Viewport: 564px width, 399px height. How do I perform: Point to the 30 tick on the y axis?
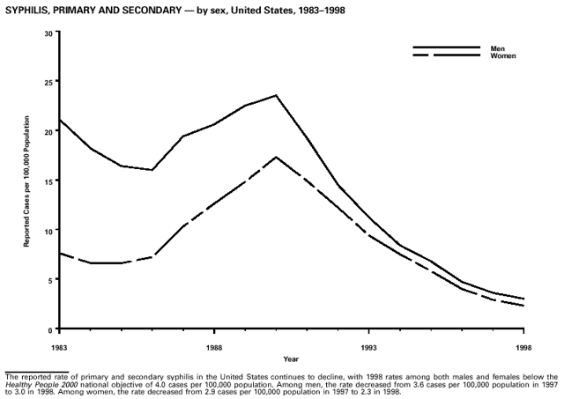49,32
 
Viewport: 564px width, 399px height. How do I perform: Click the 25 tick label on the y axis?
49,81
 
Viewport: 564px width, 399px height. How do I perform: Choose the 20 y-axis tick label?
49,130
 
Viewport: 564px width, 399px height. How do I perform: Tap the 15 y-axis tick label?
49,181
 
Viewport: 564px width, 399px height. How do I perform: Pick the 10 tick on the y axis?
49,230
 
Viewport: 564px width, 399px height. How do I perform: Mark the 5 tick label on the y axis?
52,280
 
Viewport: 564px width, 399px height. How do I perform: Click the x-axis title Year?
291,358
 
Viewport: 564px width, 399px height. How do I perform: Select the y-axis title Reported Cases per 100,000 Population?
27,180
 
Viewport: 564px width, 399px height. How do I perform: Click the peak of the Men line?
276,95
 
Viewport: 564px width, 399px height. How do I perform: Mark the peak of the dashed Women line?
276,157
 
